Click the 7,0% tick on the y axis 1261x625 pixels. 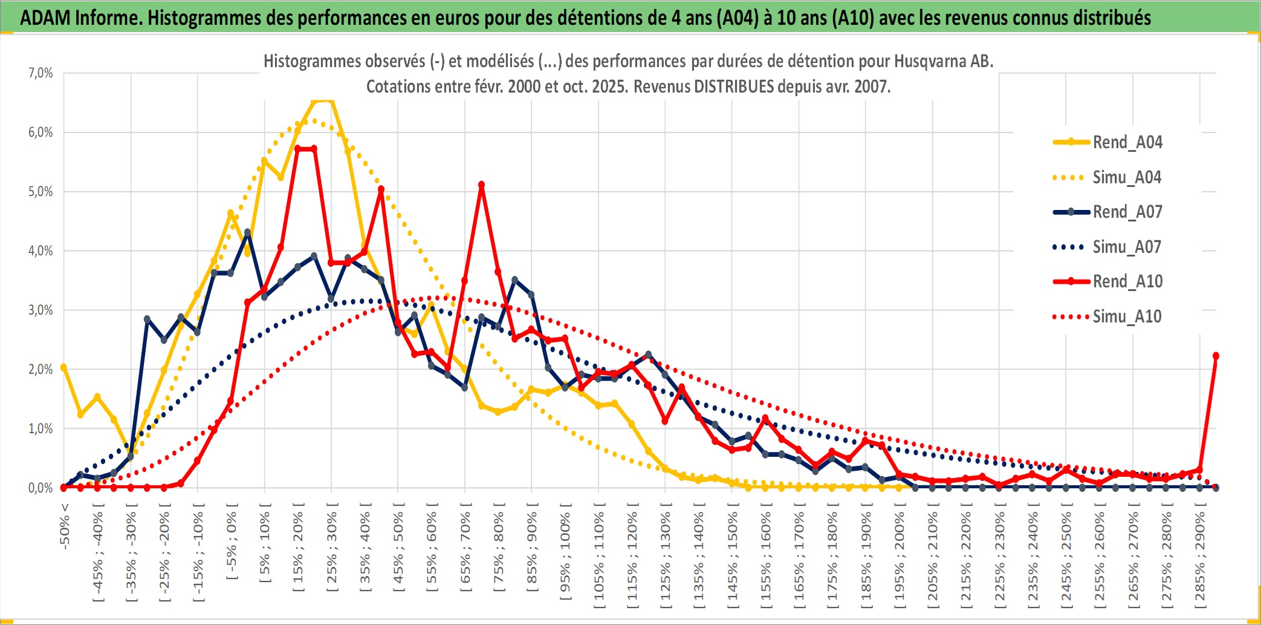point(41,73)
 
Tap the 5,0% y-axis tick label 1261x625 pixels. point(41,192)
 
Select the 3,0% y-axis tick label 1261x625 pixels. point(41,310)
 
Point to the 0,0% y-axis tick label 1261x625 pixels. point(41,488)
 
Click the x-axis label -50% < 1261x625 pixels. point(65,526)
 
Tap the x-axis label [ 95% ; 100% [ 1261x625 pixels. point(565,557)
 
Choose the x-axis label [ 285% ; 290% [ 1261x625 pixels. point(1200,560)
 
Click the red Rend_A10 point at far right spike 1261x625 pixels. point(1216,356)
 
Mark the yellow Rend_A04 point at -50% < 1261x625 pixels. point(63,367)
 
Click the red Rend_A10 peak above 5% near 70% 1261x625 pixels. point(481,185)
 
